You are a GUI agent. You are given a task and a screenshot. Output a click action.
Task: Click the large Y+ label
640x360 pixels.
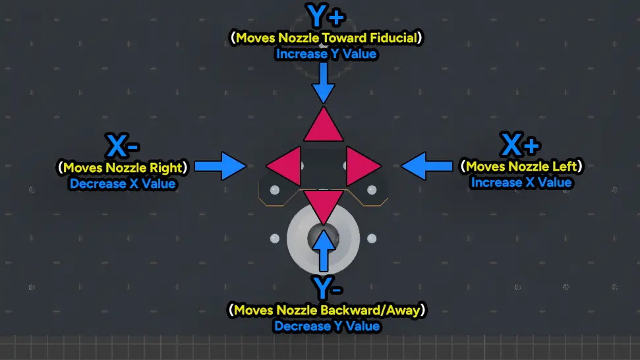[326, 16]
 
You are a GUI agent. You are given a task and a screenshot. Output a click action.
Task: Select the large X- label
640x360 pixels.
[123, 145]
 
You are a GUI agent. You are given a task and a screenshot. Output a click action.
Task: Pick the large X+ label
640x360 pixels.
[521, 144]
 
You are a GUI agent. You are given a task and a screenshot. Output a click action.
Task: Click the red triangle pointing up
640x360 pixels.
[323, 125]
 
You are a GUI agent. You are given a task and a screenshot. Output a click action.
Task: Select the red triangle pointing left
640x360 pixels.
[283, 166]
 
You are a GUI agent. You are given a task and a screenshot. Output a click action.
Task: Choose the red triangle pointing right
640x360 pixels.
[364, 166]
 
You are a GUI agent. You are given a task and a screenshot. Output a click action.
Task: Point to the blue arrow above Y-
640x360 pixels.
[323, 251]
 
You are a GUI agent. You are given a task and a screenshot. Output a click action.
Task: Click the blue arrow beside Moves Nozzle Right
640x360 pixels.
[220, 166]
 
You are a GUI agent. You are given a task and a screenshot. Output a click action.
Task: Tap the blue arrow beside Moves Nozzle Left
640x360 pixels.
[427, 166]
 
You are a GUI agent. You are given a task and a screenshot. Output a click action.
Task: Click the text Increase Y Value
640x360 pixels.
[326, 54]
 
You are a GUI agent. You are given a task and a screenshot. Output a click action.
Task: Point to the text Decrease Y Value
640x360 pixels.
[326, 326]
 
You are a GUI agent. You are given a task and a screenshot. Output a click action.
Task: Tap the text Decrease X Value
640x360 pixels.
[123, 184]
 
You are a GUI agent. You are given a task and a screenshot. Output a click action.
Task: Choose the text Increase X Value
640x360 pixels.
[521, 183]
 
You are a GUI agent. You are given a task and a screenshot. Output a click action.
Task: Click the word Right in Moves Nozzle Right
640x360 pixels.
[165, 168]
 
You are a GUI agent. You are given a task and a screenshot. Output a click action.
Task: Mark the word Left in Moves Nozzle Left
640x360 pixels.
[564, 167]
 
